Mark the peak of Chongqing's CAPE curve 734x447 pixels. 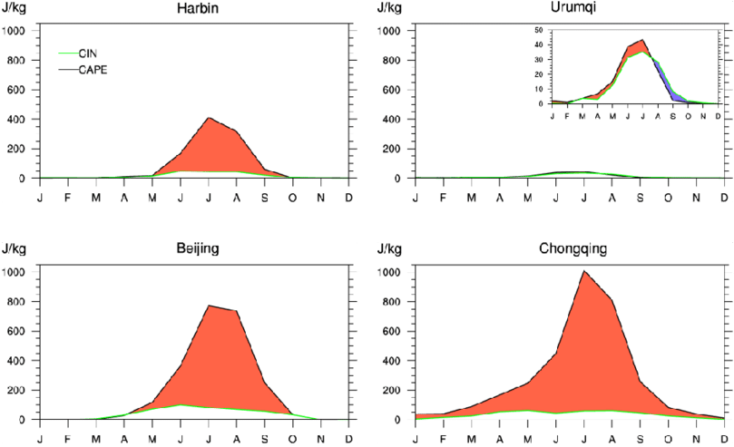(583, 271)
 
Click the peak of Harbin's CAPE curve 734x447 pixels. (210, 118)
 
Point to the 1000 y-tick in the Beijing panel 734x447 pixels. (16, 271)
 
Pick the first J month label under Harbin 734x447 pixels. (40, 197)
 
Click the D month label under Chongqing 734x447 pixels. (724, 438)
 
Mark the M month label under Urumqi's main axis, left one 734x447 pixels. (471, 197)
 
